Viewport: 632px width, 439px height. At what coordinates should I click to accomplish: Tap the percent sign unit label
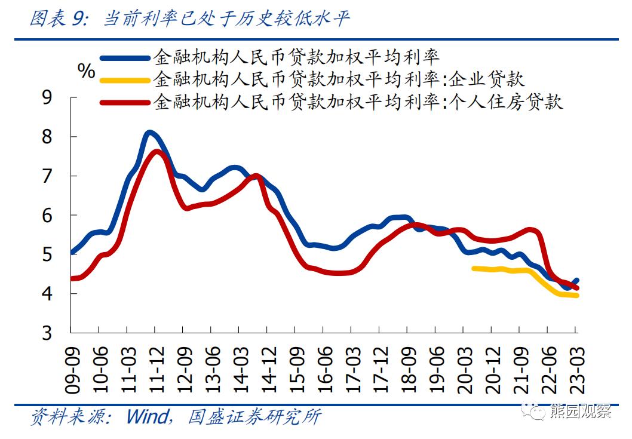(86, 71)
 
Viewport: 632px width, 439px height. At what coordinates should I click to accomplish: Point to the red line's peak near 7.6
(156, 152)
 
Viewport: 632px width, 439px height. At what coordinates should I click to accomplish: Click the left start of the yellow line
(474, 268)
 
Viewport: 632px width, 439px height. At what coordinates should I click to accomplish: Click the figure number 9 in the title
(78, 19)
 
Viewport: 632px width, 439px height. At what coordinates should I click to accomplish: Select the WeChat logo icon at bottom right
(530, 411)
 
